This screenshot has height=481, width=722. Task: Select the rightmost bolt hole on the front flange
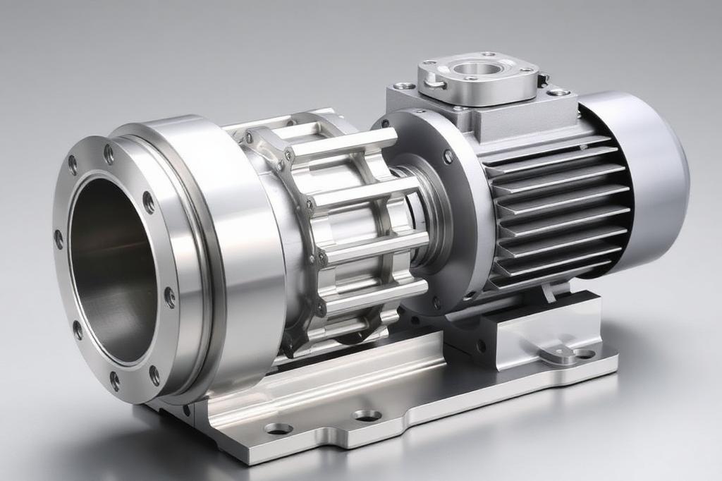point(170,297)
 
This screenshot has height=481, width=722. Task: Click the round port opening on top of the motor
point(478,69)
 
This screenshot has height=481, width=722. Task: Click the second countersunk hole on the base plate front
point(367,415)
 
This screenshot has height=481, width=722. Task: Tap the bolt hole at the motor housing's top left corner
point(404,86)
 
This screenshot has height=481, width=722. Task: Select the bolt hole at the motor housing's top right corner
point(559,92)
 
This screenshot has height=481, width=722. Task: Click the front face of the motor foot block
point(515,339)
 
